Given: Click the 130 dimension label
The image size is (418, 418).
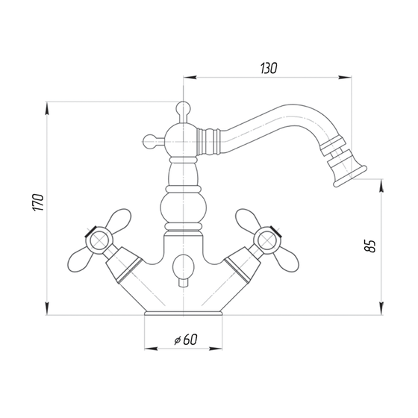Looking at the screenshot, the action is click(x=269, y=68).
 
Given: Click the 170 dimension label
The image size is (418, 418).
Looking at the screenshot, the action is click(x=39, y=203).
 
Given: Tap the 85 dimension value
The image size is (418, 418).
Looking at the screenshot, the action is click(x=369, y=246).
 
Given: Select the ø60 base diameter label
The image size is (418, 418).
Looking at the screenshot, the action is click(x=186, y=340).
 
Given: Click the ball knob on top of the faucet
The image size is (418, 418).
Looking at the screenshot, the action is click(x=184, y=108).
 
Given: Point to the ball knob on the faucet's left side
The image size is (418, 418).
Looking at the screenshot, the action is click(x=150, y=141).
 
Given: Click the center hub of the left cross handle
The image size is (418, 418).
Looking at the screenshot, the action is click(x=99, y=240).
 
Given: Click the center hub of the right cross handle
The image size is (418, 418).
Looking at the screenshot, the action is click(x=267, y=240).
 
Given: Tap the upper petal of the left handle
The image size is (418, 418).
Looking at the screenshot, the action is click(x=119, y=219).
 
